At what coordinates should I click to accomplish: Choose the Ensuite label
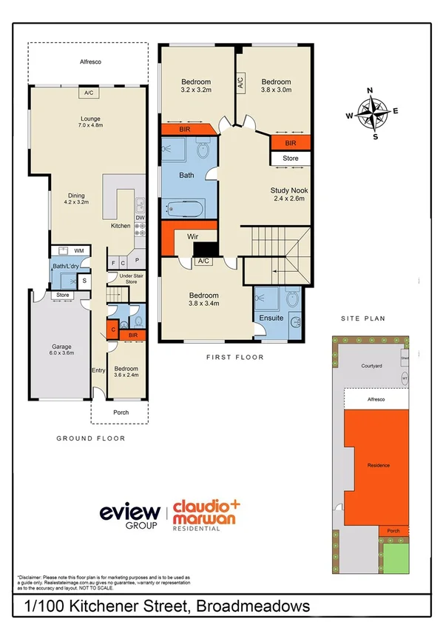pos(271,318)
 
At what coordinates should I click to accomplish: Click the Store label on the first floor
pos(290,158)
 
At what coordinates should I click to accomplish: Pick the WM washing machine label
pos(78,251)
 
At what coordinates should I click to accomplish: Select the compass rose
pos(375,113)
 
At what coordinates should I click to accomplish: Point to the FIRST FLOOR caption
pos(234,357)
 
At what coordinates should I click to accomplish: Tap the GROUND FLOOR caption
pos(91,438)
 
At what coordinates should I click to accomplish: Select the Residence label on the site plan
pos(378,465)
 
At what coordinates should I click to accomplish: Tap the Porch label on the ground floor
pos(121,412)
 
